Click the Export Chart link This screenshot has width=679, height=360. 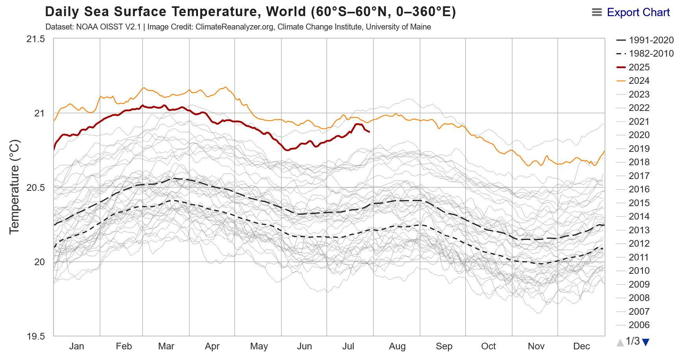click(x=638, y=13)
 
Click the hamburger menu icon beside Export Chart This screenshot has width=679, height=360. click(x=597, y=13)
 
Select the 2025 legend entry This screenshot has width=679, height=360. click(x=639, y=67)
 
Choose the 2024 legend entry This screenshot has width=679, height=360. click(x=639, y=81)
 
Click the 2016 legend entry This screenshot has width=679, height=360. click(x=639, y=189)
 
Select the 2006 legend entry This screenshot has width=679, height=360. click(x=639, y=325)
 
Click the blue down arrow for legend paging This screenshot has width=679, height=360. click(x=646, y=342)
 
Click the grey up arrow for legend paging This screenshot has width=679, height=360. click(x=620, y=342)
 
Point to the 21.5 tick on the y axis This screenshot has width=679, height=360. click(x=35, y=39)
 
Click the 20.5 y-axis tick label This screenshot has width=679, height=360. click(x=35, y=188)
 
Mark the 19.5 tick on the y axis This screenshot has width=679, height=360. click(x=35, y=336)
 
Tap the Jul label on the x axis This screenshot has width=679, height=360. click(x=348, y=346)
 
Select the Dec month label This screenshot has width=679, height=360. click(x=581, y=346)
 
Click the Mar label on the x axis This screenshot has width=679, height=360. click(x=166, y=346)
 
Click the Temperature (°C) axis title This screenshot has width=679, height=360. click(x=14, y=187)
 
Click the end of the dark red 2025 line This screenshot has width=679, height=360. click(x=369, y=131)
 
